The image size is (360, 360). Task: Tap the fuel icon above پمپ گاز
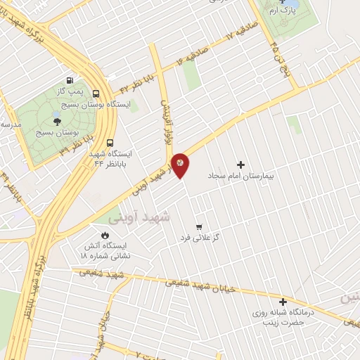click(x=69, y=80)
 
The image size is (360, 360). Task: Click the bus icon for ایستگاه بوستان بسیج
click(x=96, y=94)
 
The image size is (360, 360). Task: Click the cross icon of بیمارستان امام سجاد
click(x=240, y=164)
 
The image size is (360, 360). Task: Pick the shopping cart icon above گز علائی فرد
click(x=200, y=226)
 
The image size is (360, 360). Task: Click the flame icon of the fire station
click(x=105, y=235)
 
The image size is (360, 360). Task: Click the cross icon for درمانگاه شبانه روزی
click(x=283, y=301)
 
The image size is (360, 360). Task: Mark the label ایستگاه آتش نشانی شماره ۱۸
click(x=105, y=251)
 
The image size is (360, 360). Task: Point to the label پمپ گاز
click(x=70, y=92)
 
